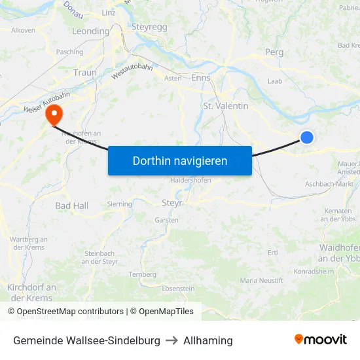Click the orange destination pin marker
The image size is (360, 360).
coord(53,115)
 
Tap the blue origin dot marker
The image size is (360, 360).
coord(306,137)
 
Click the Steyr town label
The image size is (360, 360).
coord(171,203)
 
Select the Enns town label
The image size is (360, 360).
coord(201,77)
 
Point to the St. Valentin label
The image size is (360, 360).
coord(226,105)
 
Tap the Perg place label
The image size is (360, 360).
coord(274,52)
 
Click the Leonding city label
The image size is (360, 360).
coord(90,31)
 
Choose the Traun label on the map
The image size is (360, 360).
coord(85,73)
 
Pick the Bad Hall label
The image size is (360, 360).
coord(71,206)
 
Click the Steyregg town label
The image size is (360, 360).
coord(150,27)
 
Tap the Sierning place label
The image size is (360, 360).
coord(119,204)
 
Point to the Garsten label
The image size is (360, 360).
coord(166,220)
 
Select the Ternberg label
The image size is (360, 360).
coord(142,274)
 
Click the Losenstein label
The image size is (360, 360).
coord(178,288)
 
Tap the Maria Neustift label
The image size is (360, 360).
coord(262,280)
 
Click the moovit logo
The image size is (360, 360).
coord(320,340)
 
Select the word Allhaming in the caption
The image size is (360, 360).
coord(207,340)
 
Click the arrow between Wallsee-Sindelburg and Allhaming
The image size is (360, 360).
coord(171,340)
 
